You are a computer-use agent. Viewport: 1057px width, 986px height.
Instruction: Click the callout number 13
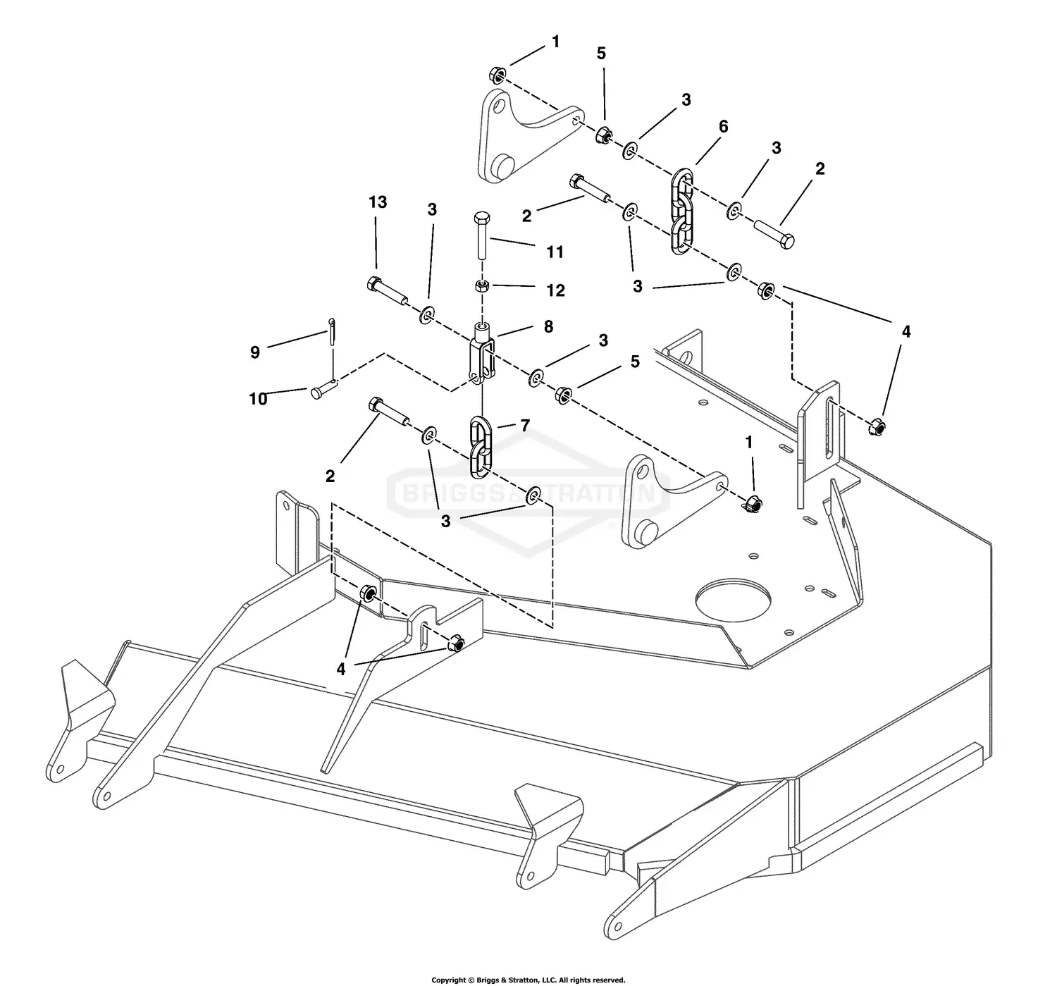coord(378,202)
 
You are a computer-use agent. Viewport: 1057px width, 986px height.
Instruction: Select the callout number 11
coord(555,252)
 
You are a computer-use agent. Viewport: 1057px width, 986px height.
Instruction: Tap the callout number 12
coord(555,290)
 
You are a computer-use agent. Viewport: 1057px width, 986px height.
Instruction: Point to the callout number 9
coord(255,352)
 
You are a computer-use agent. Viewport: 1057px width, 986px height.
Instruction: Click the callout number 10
coord(258,399)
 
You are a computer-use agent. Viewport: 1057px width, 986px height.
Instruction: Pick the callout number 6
coord(723,127)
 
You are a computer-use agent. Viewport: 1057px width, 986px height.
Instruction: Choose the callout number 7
coord(524,426)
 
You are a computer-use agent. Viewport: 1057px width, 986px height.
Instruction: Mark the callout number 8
coord(548,326)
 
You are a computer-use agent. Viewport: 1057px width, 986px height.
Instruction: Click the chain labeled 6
coord(681,211)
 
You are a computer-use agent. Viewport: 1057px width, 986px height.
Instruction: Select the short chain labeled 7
coord(481,445)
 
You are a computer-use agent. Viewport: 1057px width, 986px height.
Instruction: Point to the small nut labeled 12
coord(482,285)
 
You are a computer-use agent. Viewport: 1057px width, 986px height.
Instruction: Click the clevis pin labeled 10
coord(323,389)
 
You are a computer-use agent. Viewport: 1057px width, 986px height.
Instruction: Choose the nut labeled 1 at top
coord(496,74)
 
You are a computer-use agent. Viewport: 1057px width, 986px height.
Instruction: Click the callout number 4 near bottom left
coord(341,669)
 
